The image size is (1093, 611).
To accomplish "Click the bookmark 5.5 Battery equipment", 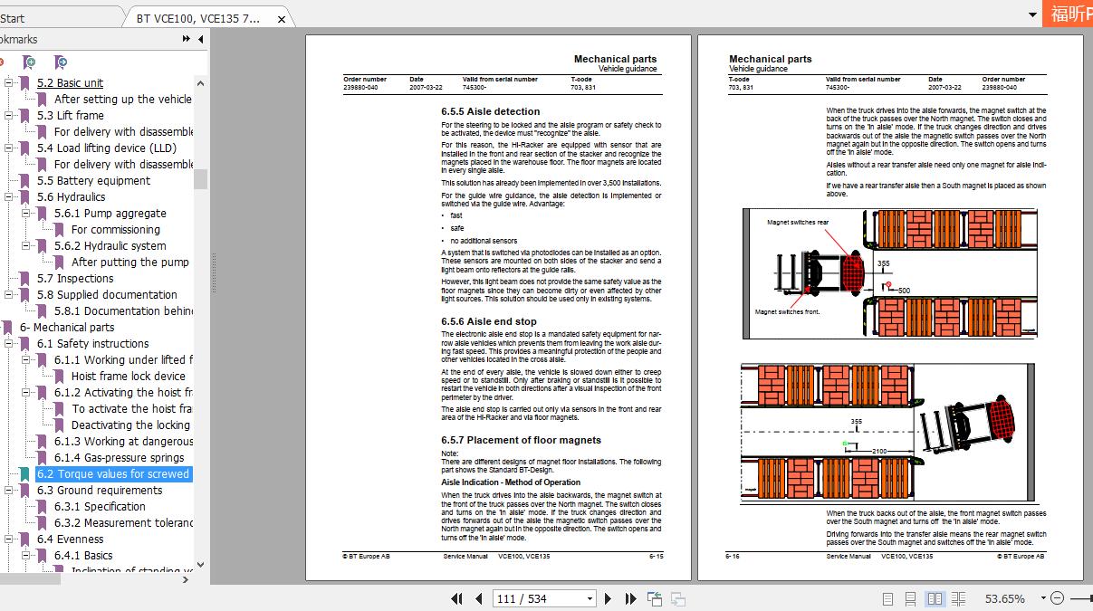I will [x=93, y=181].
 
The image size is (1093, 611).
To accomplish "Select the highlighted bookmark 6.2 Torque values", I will [x=112, y=474].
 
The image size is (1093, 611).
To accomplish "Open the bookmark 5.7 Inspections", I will [x=75, y=279].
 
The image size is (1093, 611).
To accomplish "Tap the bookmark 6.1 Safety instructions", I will [x=92, y=344].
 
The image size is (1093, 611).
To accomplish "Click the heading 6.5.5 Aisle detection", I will [x=490, y=112].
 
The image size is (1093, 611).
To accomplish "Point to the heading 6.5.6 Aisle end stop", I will [x=488, y=321].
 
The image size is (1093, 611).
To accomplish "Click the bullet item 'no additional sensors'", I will [x=484, y=242].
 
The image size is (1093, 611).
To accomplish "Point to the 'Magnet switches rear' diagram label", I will [x=797, y=223].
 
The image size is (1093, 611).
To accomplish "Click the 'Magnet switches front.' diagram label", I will [x=786, y=312].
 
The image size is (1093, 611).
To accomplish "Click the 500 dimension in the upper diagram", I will [x=903, y=291].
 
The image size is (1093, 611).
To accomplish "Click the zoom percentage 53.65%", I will [x=1004, y=598].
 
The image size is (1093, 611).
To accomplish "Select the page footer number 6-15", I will [x=656, y=557].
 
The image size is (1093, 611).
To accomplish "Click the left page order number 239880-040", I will [x=360, y=88].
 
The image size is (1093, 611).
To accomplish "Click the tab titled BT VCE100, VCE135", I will [x=198, y=18].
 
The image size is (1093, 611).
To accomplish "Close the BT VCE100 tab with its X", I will [x=282, y=19].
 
